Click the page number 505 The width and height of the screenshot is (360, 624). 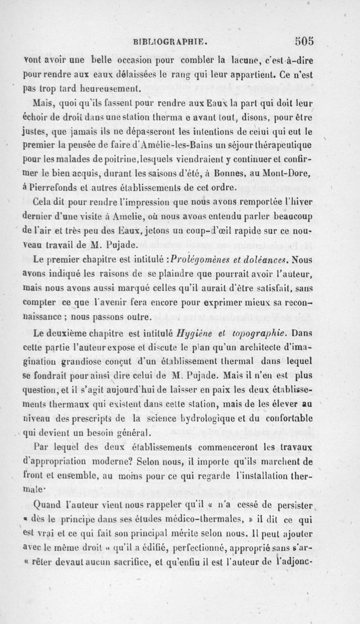pos(302,41)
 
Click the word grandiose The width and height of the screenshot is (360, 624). pos(81,376)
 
